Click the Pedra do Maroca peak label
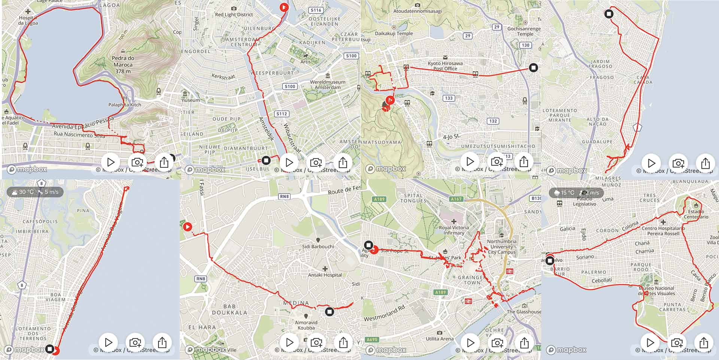pyautogui.click(x=123, y=64)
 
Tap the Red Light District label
pyautogui.click(x=234, y=15)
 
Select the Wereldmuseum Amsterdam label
pyautogui.click(x=328, y=84)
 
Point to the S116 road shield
pyautogui.click(x=316, y=10)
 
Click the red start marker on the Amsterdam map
pyautogui.click(x=284, y=7)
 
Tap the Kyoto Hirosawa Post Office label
pyautogui.click(x=445, y=66)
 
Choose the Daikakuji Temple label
pyautogui.click(x=394, y=33)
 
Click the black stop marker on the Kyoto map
pyautogui.click(x=533, y=68)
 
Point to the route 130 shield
pyautogui.click(x=525, y=45)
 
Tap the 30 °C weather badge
pyautogui.click(x=35, y=192)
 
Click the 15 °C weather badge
pyautogui.click(x=576, y=193)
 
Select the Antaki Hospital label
pyautogui.click(x=325, y=275)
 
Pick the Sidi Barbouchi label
pyautogui.click(x=318, y=246)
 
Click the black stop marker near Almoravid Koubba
pyautogui.click(x=329, y=311)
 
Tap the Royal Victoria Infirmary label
pyautogui.click(x=454, y=230)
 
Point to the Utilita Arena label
pyautogui.click(x=439, y=339)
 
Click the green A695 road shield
pyautogui.click(x=372, y=339)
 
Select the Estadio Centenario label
pyautogui.click(x=696, y=214)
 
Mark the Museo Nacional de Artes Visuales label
pyautogui.click(x=656, y=291)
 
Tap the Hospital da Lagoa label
pyautogui.click(x=28, y=20)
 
